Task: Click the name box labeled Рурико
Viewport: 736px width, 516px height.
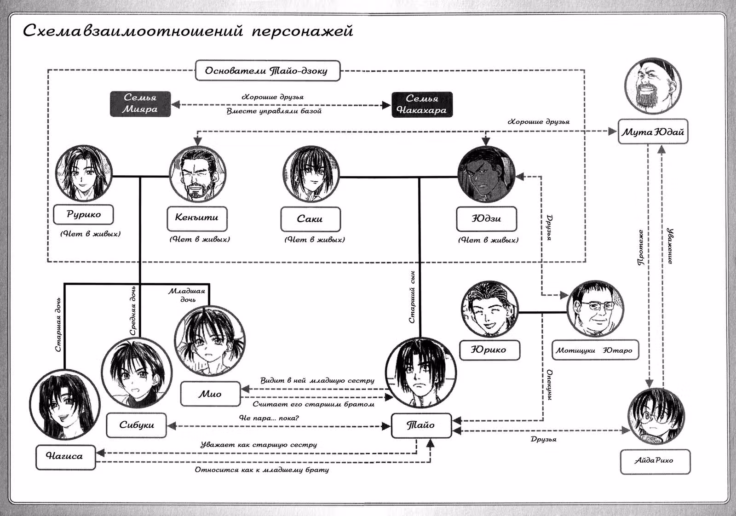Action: coord(83,214)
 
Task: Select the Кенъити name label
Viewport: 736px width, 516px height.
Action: coord(197,219)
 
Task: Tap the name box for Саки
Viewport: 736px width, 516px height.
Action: coord(310,219)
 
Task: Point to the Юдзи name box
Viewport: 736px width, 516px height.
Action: coord(486,219)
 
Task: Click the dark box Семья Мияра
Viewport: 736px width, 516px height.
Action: coord(140,104)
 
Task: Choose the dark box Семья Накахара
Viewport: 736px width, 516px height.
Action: coord(422,104)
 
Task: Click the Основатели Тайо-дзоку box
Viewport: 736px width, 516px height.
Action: coord(267,71)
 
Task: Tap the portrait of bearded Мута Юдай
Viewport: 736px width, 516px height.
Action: coord(653,86)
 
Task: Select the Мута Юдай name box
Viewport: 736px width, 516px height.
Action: coord(653,132)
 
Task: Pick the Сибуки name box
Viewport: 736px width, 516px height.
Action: coord(136,425)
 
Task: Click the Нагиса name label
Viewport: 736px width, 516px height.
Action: coord(65,457)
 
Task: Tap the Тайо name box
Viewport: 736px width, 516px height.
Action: coord(421,425)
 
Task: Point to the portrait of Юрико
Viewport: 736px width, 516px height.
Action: coord(489,309)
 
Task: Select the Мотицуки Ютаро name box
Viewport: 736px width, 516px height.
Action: coord(595,350)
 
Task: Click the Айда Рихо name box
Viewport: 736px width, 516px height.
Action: coord(655,462)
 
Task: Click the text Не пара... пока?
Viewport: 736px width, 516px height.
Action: coord(269,418)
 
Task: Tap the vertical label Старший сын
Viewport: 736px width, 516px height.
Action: coord(412,297)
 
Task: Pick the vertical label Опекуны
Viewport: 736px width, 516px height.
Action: coord(549,384)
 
